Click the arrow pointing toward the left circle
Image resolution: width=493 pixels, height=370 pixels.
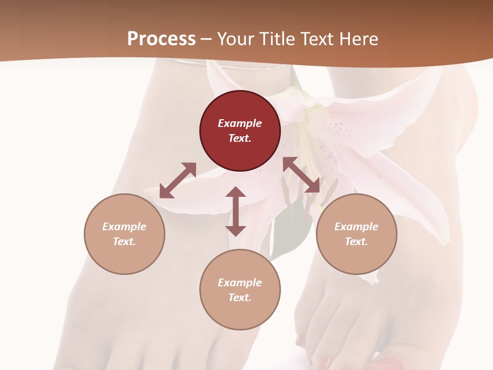pyautogui.click(x=178, y=180)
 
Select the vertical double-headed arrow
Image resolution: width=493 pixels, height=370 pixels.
pyautogui.click(x=236, y=211)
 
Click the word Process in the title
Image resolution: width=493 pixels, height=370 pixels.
pyautogui.click(x=161, y=39)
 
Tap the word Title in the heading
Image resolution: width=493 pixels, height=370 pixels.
pyautogui.click(x=277, y=39)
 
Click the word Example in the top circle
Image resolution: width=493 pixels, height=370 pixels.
pyautogui.click(x=240, y=123)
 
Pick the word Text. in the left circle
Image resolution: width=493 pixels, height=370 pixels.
pyautogui.click(x=124, y=242)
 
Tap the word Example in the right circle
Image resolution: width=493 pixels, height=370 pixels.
pyautogui.click(x=356, y=227)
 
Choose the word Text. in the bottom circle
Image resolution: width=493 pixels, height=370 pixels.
pyautogui.click(x=240, y=298)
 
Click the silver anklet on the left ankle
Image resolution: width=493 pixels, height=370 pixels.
pyautogui.click(x=231, y=64)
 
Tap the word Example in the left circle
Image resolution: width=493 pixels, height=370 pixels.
pyautogui.click(x=124, y=227)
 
